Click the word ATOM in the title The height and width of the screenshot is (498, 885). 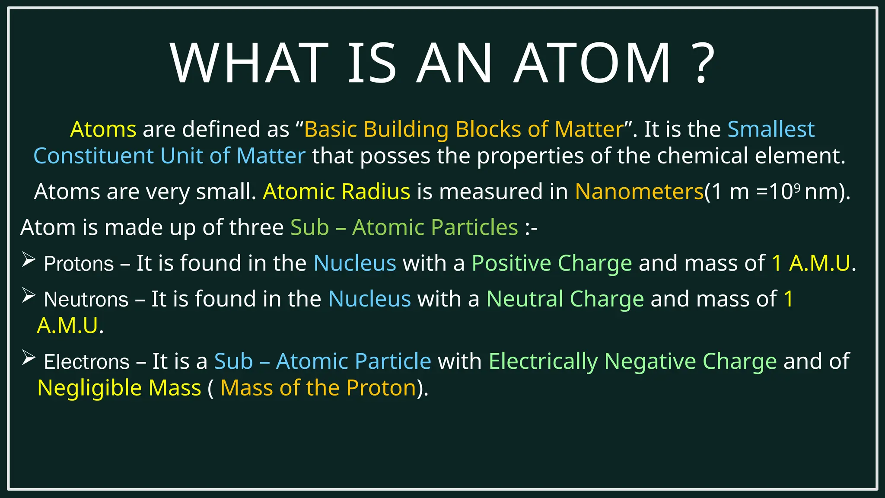coord(592,63)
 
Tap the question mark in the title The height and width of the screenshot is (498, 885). coord(701,63)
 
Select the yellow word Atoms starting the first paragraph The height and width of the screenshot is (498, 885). coord(103,129)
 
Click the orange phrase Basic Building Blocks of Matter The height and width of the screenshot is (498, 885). coord(464,129)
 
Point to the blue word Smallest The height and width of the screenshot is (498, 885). coord(771,129)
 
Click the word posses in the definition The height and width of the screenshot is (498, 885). coord(395,156)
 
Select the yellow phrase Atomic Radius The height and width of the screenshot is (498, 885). coord(336,192)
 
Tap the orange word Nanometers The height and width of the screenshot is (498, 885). coord(639,192)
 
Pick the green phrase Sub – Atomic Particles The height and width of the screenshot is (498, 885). coord(404,227)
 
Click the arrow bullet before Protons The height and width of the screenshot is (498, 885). coord(29,260)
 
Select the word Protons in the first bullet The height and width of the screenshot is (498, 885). coord(79,264)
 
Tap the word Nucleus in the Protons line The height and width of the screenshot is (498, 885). coord(355,263)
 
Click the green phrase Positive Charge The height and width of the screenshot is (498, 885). coord(551,263)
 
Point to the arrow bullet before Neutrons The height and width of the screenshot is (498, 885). coord(29,296)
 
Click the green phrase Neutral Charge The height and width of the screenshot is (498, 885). coord(565,299)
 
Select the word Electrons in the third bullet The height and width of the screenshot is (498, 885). coord(86,362)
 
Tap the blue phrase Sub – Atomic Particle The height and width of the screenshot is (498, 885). coord(322,361)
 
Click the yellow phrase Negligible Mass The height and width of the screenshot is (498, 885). coord(119,388)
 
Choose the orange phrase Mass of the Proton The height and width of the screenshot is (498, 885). coord(318,388)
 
